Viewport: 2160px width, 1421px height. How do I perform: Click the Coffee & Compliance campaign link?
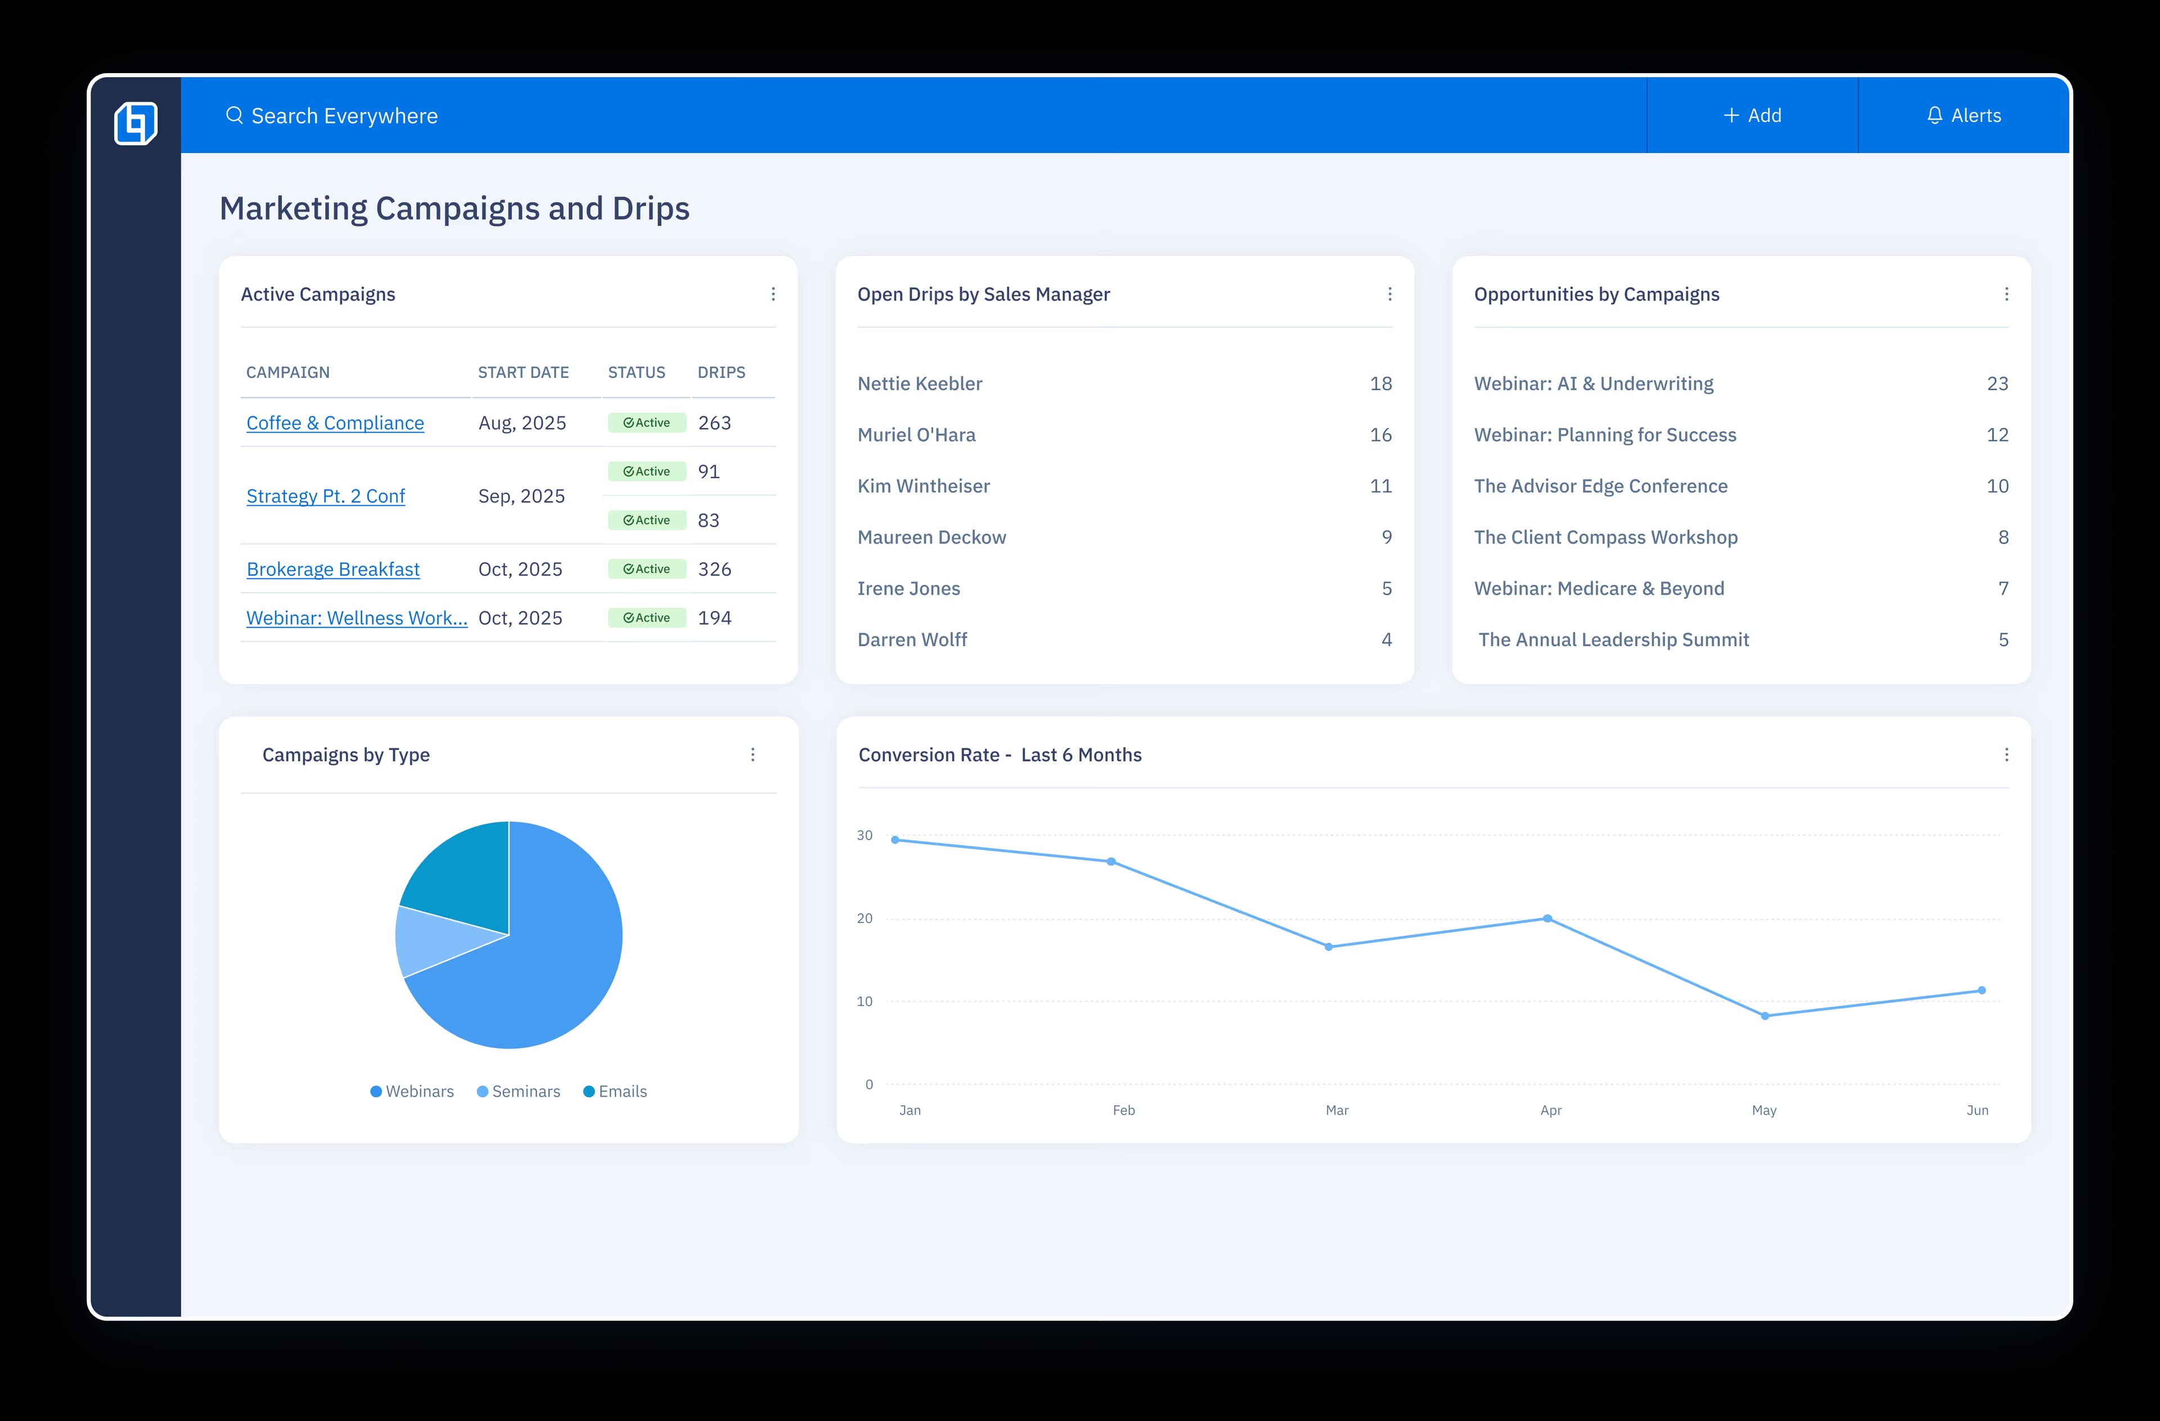tap(335, 423)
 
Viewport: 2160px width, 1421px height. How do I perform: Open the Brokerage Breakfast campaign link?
tap(333, 569)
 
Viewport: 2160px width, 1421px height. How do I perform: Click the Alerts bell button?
tap(1963, 115)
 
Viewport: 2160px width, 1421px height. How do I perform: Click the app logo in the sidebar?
tap(136, 123)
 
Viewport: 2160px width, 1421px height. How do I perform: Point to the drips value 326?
tap(714, 569)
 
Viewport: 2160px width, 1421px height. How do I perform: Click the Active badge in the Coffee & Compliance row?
tap(646, 423)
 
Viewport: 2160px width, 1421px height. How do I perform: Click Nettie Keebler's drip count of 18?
tap(1380, 384)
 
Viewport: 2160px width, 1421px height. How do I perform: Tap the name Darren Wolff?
tap(912, 640)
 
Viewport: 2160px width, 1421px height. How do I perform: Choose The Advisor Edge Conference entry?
tap(1600, 486)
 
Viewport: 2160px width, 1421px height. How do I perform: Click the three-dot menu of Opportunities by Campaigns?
tap(2006, 294)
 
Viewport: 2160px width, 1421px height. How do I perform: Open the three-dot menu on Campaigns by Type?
tap(753, 755)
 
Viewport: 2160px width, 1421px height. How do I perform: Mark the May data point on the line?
tap(1765, 1016)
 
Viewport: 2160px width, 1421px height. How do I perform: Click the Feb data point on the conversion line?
tap(1111, 861)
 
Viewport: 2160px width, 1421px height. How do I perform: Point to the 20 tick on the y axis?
tap(865, 918)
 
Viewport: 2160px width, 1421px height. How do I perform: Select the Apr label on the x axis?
tap(1550, 1111)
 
